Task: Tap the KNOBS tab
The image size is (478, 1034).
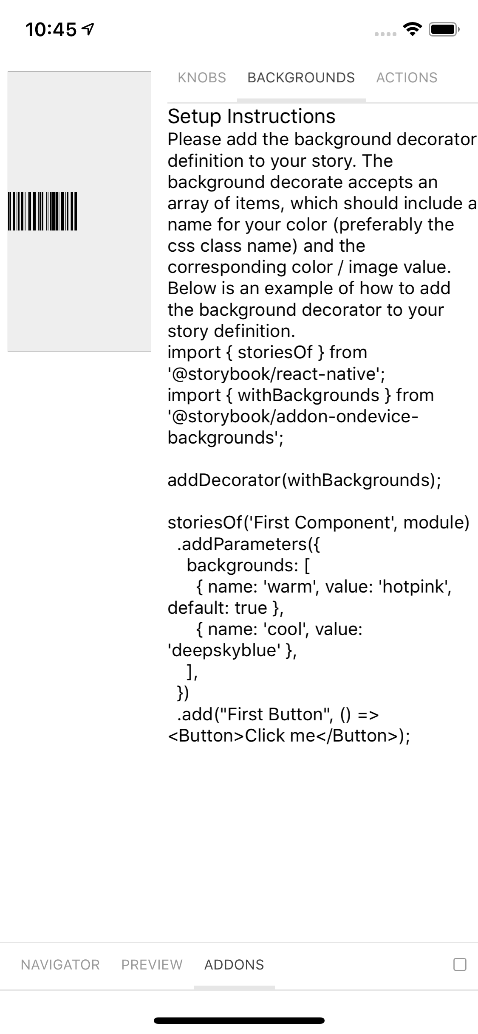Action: click(202, 78)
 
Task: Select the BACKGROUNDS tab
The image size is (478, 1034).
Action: click(301, 78)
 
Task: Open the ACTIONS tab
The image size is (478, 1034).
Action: click(407, 78)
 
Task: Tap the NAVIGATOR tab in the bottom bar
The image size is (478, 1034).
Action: click(60, 965)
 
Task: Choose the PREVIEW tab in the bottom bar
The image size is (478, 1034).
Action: click(152, 965)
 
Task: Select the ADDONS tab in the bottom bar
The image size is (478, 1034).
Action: click(234, 965)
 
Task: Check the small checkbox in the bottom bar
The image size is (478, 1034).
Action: click(460, 964)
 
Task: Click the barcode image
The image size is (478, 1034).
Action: click(42, 211)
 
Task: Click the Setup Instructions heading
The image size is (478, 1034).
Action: click(252, 116)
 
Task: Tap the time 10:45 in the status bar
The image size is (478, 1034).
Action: click(51, 30)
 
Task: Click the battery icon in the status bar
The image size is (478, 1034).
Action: click(444, 30)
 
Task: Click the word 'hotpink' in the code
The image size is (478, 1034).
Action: click(415, 587)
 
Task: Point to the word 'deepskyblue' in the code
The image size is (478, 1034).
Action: click(225, 650)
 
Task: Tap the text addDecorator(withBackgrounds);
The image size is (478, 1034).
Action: click(304, 480)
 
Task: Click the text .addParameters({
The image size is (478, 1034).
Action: click(249, 544)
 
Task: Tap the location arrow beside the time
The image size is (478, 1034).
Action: click(88, 29)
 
